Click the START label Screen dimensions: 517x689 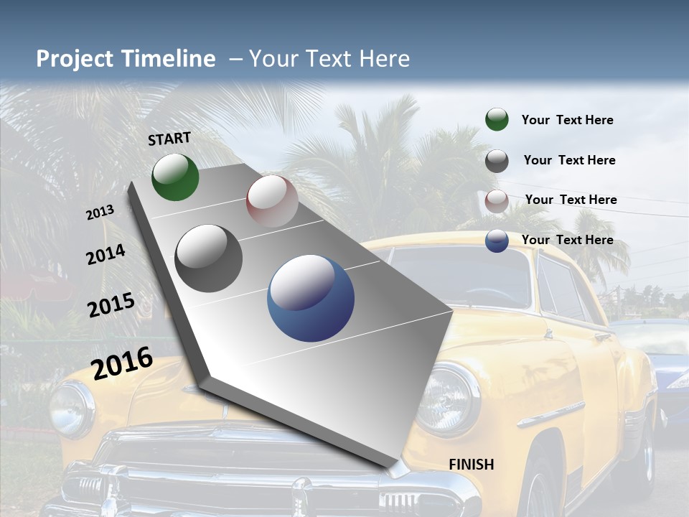[x=169, y=139]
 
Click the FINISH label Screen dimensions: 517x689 [x=471, y=465]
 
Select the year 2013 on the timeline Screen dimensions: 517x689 [x=100, y=213]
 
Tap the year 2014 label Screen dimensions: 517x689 [x=106, y=255]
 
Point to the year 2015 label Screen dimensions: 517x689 [x=111, y=305]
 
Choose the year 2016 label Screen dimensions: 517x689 [x=122, y=363]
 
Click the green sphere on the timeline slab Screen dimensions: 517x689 [x=175, y=177]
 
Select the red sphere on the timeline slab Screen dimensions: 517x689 [x=272, y=201]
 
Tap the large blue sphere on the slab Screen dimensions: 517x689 [x=311, y=299]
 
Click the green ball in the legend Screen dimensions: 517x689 [x=497, y=120]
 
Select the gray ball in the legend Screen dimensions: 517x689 [x=497, y=161]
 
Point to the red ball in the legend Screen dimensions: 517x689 [x=497, y=201]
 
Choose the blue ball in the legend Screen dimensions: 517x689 [x=497, y=241]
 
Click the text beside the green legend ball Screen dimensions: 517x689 [x=567, y=120]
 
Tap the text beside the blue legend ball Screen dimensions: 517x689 [x=567, y=240]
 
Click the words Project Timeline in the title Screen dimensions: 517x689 [x=126, y=59]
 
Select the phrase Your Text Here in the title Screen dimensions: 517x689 [x=329, y=59]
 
